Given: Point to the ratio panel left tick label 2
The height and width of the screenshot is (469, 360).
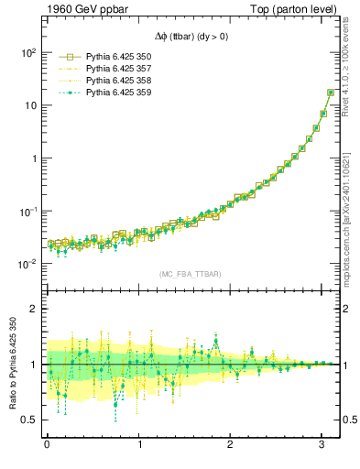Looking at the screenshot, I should [x=32, y=310].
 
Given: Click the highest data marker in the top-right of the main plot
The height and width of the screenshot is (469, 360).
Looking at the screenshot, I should [x=331, y=93].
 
